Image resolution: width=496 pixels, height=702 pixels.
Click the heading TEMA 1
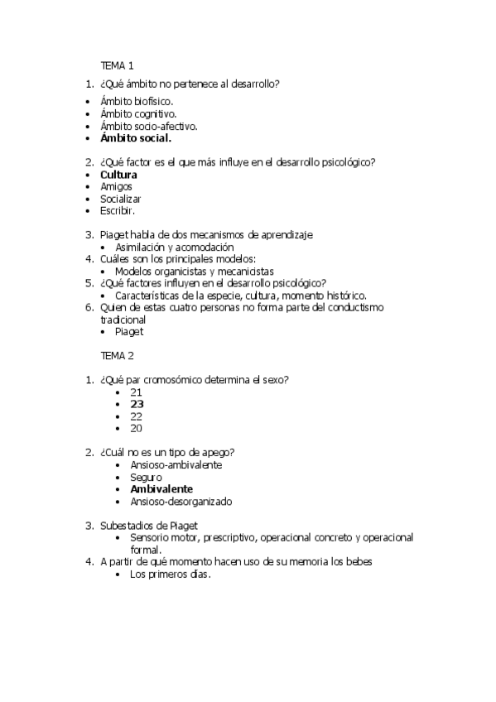117,65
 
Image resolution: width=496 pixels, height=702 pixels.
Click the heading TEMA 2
117,356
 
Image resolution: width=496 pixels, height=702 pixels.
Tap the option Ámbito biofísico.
136,101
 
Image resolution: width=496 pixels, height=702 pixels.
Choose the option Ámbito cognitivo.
138,113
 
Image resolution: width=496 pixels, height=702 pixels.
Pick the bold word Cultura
118,175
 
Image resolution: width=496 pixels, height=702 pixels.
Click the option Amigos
116,187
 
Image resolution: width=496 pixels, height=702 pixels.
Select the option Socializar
121,199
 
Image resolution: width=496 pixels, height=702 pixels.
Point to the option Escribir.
117,211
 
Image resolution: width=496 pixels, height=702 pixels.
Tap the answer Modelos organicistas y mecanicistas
195,271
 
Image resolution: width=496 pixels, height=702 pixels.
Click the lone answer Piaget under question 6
129,331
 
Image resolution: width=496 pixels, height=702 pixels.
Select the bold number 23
137,404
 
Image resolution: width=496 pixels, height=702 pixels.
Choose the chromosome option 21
137,392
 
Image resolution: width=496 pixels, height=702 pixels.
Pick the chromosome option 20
137,428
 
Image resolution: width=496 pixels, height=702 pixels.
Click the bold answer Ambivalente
161,489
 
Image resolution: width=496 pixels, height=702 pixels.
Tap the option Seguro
146,477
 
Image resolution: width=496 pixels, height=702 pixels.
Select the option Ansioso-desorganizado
181,501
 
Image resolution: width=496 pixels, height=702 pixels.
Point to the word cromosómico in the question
177,380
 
